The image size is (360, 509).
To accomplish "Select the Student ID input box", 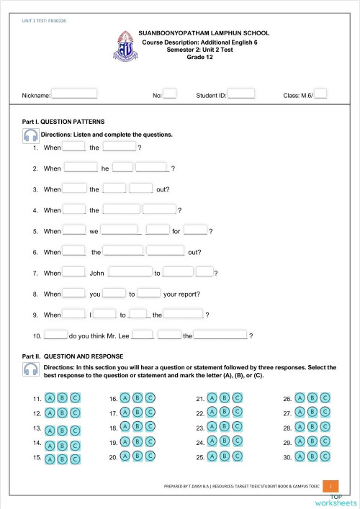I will click(x=241, y=94).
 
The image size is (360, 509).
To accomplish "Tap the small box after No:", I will click(x=170, y=94).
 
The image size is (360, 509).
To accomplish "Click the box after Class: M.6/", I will click(x=321, y=94).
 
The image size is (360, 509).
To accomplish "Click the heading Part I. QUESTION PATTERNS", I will click(x=64, y=122).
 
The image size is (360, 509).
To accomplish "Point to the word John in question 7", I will click(x=97, y=274).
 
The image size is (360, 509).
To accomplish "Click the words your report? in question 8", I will click(x=181, y=294).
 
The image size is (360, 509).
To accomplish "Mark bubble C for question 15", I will click(x=75, y=459).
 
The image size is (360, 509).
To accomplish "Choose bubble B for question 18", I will click(x=138, y=427).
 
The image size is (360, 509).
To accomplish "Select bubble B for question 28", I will click(x=313, y=427).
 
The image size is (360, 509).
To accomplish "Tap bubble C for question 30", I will click(x=325, y=456).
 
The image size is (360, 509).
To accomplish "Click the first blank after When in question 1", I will click(x=74, y=147).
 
